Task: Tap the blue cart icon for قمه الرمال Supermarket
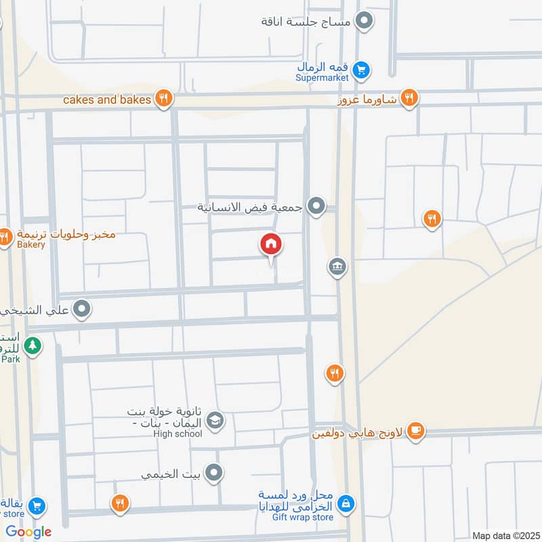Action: (362, 68)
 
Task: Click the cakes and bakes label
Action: (107, 100)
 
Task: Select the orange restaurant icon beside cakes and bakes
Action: (163, 100)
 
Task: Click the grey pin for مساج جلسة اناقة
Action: (364, 21)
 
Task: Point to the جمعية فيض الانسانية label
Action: (249, 206)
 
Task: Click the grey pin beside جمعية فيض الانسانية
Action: (316, 205)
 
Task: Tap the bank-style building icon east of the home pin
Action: (337, 267)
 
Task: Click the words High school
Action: (178, 434)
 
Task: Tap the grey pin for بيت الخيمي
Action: (214, 473)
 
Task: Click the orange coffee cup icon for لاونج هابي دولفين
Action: (415, 431)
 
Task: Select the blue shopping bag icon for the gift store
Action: (346, 503)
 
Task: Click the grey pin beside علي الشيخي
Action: (82, 310)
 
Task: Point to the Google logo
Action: (28, 531)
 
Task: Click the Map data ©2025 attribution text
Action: (504, 535)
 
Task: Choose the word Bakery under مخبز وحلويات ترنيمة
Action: (31, 245)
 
